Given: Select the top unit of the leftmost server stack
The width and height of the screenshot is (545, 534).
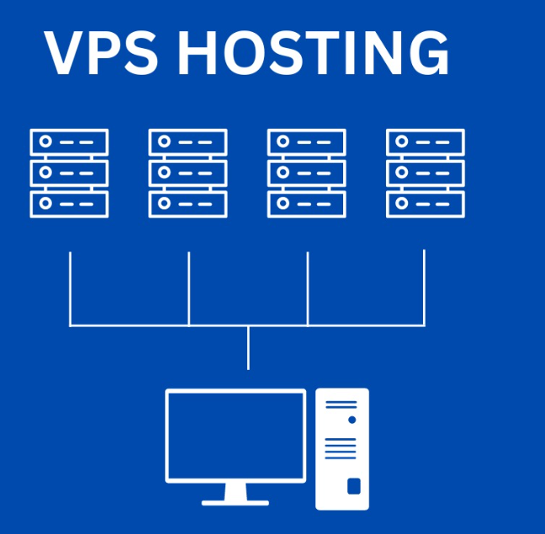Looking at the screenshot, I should tap(69, 141).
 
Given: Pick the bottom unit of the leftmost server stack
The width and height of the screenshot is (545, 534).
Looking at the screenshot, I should tap(69, 204).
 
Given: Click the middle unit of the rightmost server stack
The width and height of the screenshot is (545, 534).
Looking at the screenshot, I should tap(425, 172).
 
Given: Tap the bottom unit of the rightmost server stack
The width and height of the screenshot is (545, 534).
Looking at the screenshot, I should tap(425, 204).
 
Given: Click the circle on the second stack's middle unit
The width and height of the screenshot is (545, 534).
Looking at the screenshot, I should tap(165, 172).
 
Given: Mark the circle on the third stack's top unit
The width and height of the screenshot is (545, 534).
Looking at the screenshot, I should tap(283, 141).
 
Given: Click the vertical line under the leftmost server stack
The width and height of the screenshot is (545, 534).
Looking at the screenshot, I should tap(70, 286).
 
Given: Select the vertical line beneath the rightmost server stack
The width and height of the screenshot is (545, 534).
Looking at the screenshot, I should tap(424, 286).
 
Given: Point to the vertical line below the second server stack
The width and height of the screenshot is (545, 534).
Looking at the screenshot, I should tap(188, 286).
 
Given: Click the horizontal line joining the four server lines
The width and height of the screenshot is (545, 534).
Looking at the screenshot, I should tap(247, 325).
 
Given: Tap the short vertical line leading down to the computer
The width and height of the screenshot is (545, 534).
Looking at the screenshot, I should tap(248, 347).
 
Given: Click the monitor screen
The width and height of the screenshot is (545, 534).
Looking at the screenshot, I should tap(235, 434).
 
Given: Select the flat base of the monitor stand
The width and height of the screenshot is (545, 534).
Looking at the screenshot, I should tap(235, 502).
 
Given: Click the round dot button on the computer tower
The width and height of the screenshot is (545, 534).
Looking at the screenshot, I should tap(352, 419).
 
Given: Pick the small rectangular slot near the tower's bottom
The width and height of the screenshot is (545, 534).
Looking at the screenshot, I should tap(353, 486).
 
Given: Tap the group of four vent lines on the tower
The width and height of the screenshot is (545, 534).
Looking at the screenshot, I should tap(341, 448).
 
